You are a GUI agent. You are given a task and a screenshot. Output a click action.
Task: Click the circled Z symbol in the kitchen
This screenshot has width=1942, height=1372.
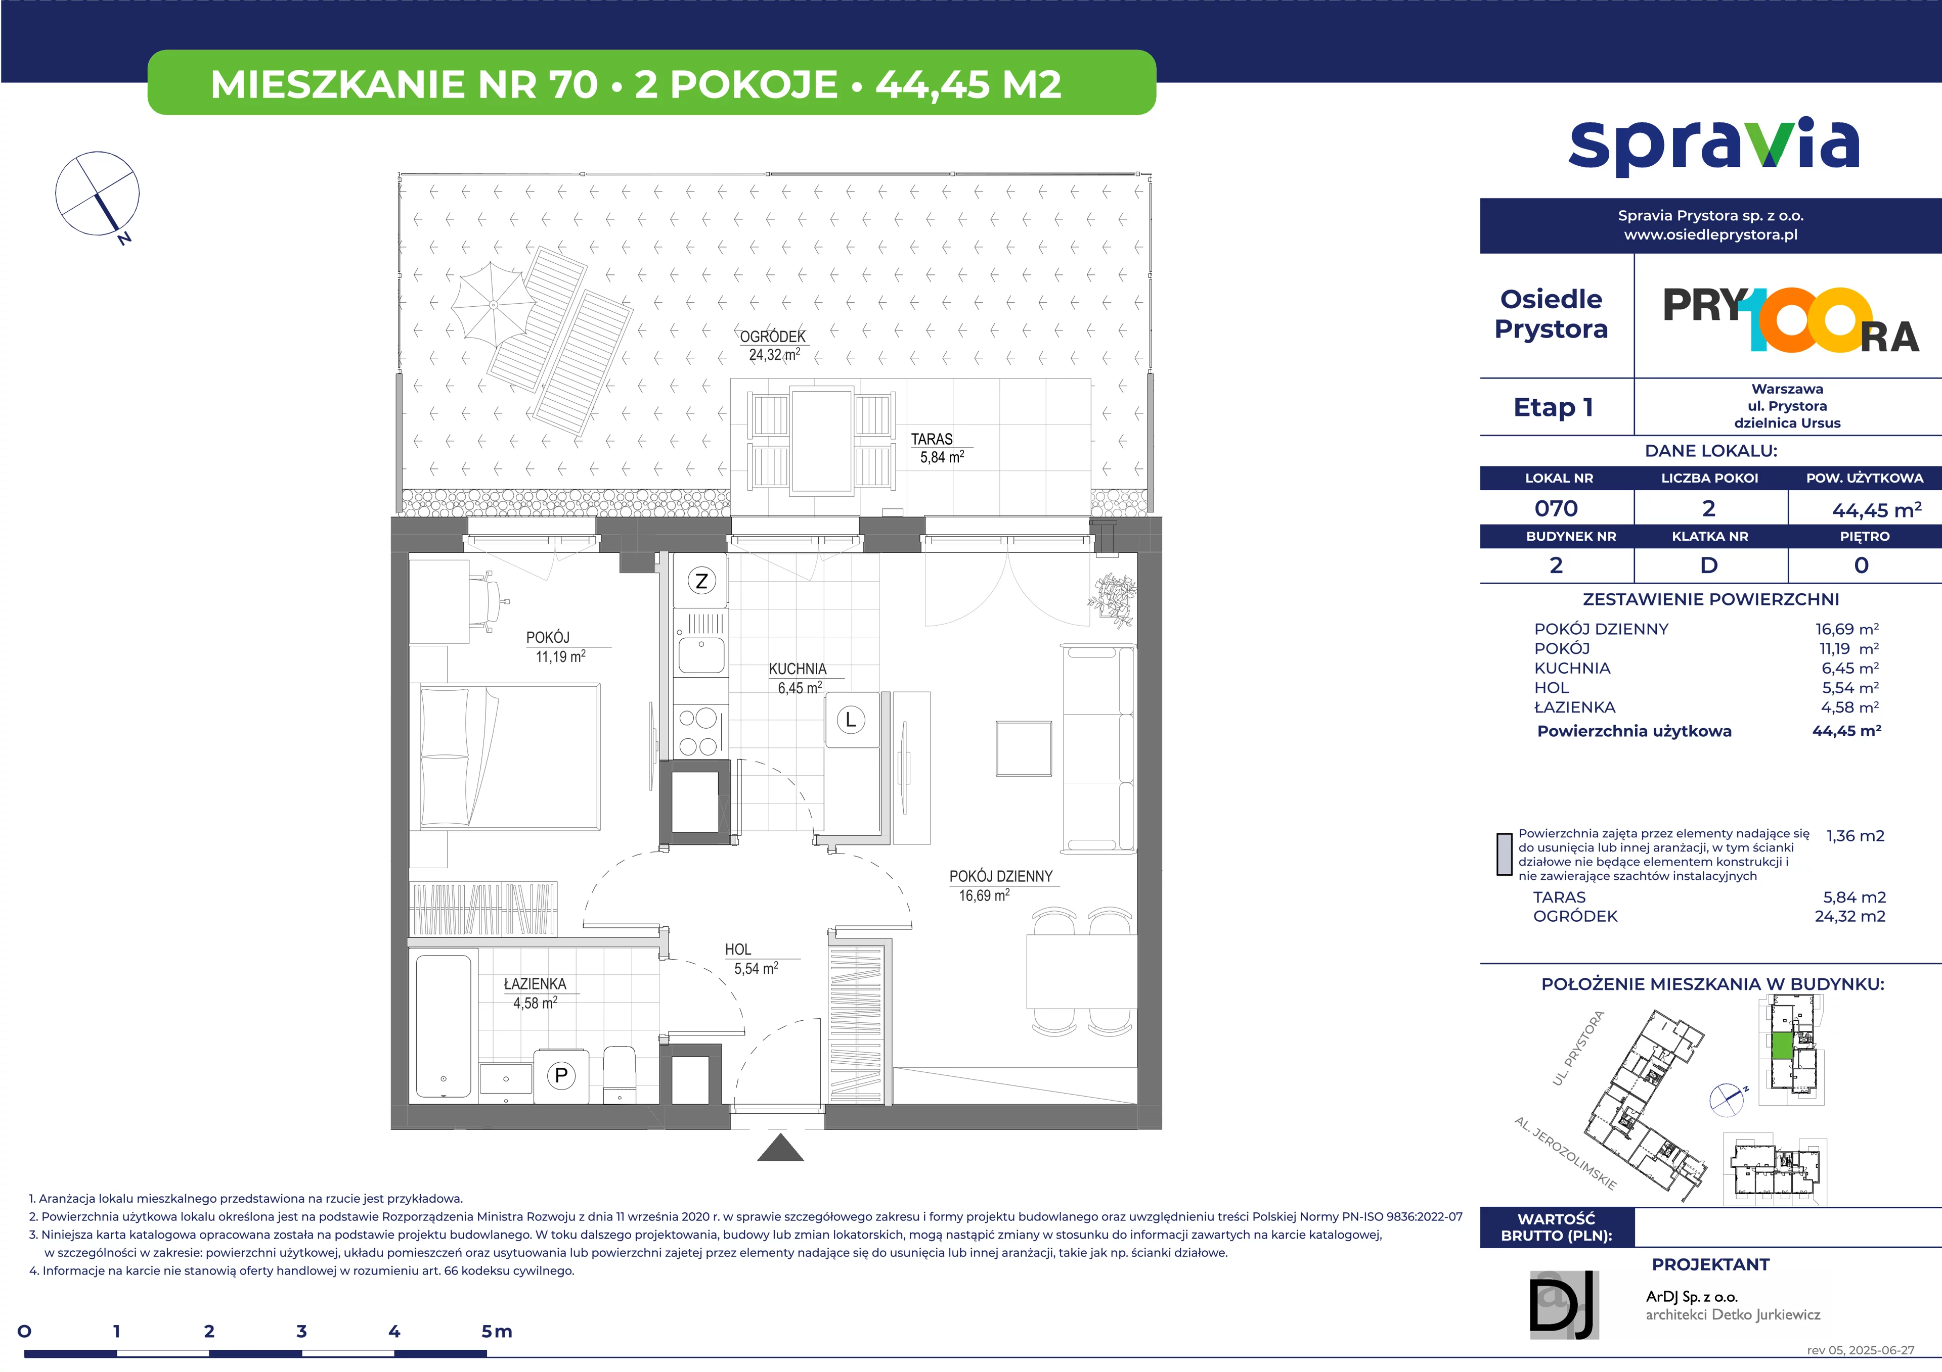[x=701, y=581]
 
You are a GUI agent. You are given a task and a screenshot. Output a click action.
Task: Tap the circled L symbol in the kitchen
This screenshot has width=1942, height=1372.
[x=851, y=720]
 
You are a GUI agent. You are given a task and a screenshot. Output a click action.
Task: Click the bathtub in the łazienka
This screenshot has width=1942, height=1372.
[x=443, y=1026]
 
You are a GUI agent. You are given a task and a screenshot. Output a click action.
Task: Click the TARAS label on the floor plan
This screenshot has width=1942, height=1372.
[x=931, y=440]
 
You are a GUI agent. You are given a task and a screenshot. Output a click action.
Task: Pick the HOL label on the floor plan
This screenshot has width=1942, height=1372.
[x=737, y=950]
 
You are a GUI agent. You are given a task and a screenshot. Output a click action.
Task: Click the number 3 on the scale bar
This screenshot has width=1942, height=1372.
[x=301, y=1332]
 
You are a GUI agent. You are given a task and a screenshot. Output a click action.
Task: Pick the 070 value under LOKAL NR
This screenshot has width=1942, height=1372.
[x=1556, y=509]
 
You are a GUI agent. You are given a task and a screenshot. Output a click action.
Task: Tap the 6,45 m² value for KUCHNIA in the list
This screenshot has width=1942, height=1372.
[x=1850, y=668]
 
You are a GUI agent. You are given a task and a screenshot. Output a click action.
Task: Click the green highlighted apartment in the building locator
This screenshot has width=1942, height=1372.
[x=1781, y=1045]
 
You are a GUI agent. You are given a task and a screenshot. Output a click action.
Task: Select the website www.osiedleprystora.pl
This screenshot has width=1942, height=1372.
[x=1710, y=235]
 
